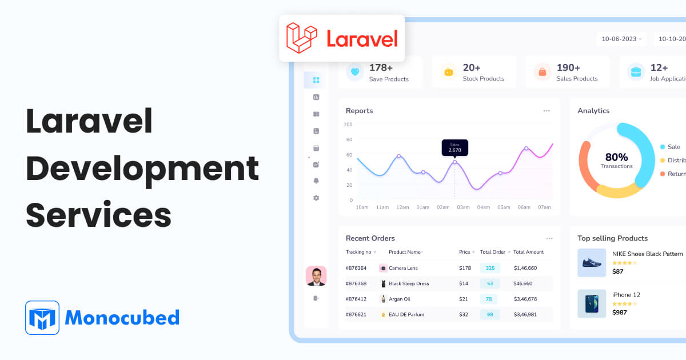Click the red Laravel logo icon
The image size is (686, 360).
301,38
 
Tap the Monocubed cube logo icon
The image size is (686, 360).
42,318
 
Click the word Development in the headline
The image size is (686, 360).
142,169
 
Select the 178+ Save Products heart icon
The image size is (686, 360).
355,72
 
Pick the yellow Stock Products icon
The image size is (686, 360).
449,72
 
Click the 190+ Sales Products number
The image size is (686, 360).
568,68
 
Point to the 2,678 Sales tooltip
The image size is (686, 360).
454,147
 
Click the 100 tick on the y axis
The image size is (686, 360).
348,124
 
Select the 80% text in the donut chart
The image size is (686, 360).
616,157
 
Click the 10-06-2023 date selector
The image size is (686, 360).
621,39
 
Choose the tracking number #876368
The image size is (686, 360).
356,283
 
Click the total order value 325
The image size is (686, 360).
490,268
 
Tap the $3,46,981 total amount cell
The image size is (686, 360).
525,314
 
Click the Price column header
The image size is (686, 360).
465,252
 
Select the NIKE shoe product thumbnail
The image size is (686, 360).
592,263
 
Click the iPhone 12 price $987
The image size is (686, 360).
620,313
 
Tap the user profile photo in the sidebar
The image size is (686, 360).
316,276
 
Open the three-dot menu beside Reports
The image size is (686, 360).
547,111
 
